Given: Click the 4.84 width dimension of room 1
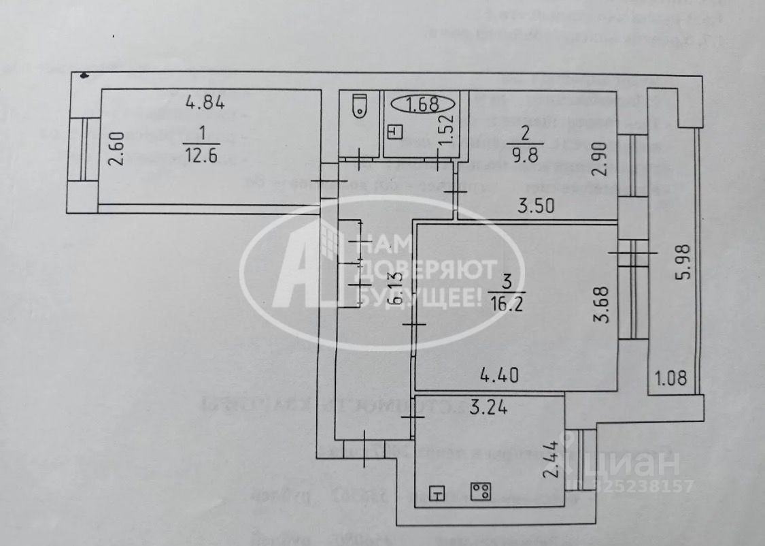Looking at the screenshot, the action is pos(205,103).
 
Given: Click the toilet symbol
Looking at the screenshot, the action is pos(358,106).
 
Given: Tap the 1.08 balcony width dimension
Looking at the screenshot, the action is pos(670,375).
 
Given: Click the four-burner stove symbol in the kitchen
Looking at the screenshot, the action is pos(481,490).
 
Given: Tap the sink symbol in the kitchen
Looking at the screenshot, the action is pos(439,493).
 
